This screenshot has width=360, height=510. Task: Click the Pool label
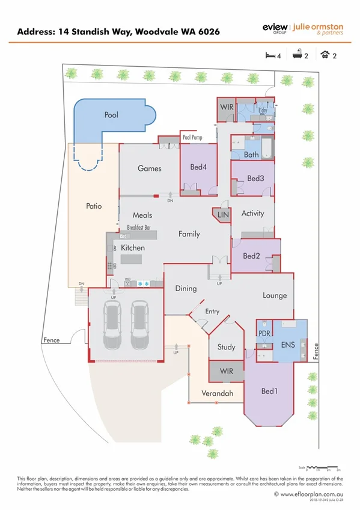111,114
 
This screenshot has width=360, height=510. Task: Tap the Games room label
150,168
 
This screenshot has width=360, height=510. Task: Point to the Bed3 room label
255,179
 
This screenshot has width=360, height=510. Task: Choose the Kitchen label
133,248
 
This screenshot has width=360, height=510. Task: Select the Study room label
226,347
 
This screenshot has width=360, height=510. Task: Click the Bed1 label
268,392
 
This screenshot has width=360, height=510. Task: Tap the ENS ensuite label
289,346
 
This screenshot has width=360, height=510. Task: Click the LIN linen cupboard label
223,215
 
